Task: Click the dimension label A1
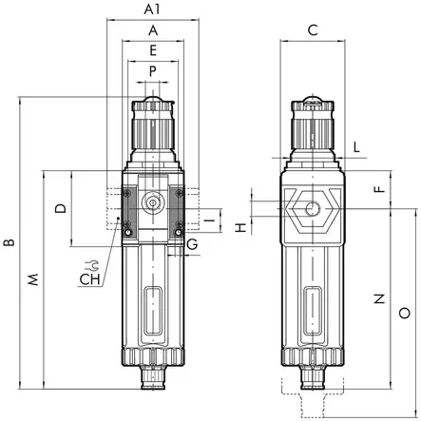click(x=151, y=10)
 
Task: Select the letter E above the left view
click(x=152, y=50)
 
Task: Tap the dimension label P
click(x=152, y=70)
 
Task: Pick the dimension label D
click(x=60, y=206)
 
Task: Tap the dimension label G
click(x=192, y=246)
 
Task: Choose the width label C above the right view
click(x=313, y=30)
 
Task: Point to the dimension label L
click(x=356, y=146)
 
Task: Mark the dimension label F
click(x=378, y=189)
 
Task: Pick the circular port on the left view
click(x=152, y=202)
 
